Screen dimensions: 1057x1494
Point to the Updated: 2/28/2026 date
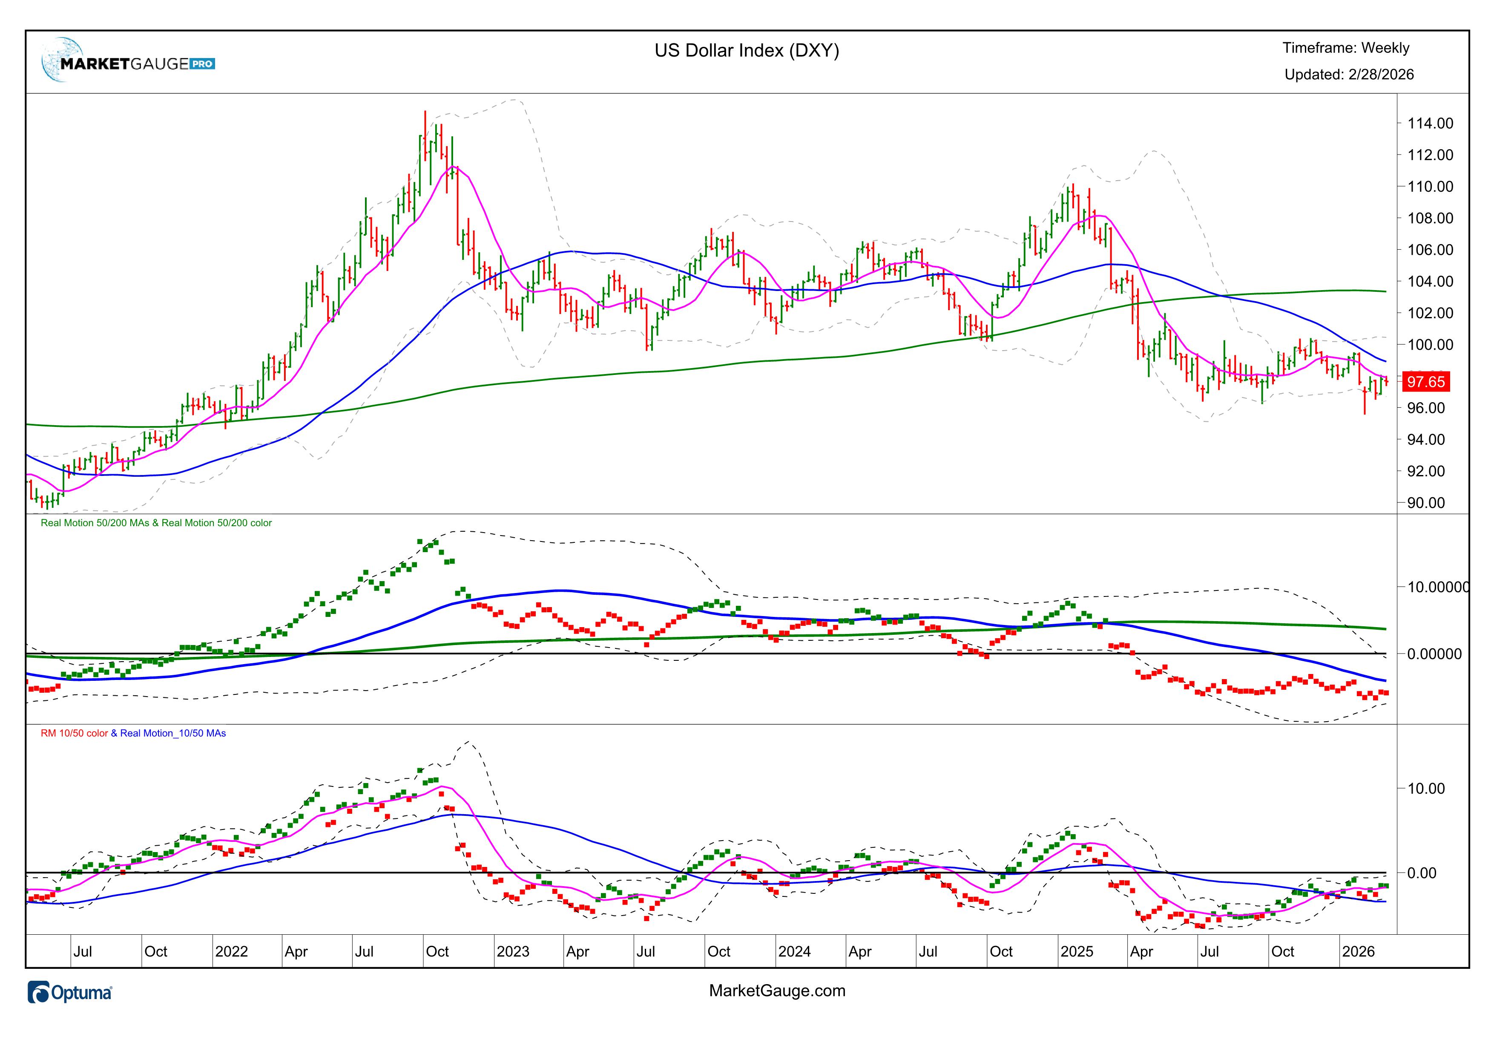(x=1348, y=75)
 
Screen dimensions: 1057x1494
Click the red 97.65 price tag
(x=1425, y=382)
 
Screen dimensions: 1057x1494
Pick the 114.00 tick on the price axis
(x=1425, y=124)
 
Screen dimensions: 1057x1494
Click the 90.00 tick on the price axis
(x=1425, y=503)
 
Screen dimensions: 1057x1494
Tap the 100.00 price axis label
(x=1425, y=345)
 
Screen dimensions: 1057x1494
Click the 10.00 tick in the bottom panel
(x=1425, y=789)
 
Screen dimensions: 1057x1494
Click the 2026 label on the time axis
(x=1358, y=952)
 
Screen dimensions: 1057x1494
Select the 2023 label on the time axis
(x=513, y=952)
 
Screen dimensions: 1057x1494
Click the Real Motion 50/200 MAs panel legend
(x=156, y=523)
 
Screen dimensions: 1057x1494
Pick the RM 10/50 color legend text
(x=74, y=734)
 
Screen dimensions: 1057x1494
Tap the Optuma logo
(x=70, y=993)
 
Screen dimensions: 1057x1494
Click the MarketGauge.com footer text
(x=777, y=991)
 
